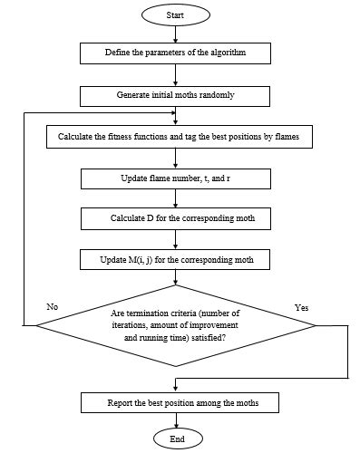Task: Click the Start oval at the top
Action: [175, 16]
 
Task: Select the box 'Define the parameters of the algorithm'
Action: [176, 53]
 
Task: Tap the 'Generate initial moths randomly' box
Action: [176, 94]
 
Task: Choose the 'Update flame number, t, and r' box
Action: [176, 178]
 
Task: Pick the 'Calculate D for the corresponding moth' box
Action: [176, 219]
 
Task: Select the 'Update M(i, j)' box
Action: [176, 261]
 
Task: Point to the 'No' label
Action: [52, 307]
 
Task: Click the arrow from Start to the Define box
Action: [175, 34]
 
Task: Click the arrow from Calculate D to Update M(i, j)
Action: [175, 240]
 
